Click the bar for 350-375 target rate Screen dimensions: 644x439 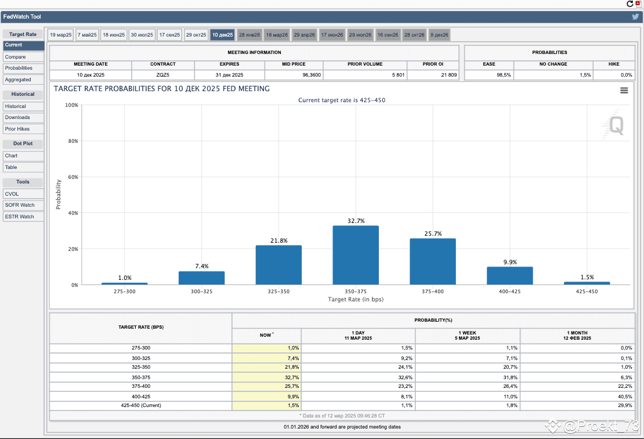[356, 255]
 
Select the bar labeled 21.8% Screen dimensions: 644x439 [278, 265]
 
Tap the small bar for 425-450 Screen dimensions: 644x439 [587, 283]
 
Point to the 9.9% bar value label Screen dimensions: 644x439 [510, 262]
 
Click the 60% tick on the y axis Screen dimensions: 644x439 [73, 177]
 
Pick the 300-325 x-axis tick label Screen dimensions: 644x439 [202, 292]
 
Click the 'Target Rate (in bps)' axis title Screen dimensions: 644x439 [356, 299]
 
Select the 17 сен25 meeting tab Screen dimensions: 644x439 [169, 35]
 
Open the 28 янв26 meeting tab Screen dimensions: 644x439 [249, 35]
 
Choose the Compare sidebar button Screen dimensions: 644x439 [23, 57]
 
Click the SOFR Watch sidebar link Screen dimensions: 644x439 [23, 205]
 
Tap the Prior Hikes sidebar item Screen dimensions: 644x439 [23, 129]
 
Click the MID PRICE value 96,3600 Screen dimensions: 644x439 [312, 75]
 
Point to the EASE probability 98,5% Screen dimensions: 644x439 [504, 75]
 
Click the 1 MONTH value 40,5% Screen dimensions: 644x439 [625, 397]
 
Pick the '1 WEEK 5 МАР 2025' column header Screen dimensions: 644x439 [468, 336]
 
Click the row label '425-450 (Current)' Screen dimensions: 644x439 [141, 405]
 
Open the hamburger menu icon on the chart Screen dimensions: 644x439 [624, 91]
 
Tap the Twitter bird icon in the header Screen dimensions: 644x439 [635, 17]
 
